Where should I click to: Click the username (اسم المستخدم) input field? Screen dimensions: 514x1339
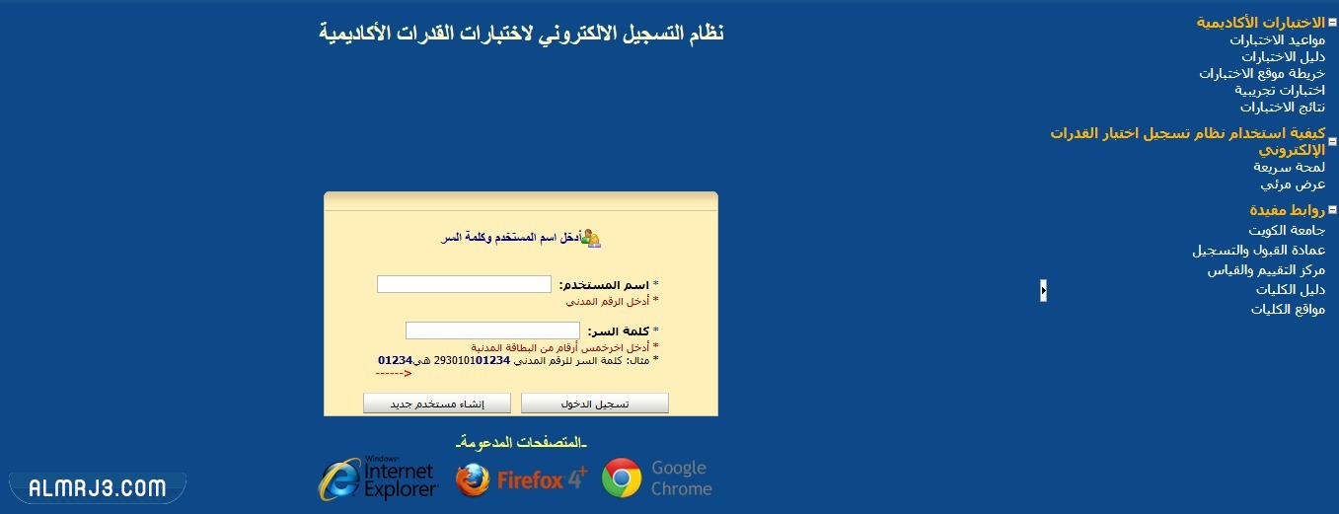pos(464,284)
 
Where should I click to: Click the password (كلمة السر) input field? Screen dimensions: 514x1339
pos(492,330)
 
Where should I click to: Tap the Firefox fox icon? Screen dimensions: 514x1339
pos(473,479)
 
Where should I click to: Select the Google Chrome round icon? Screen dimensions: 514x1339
pos(622,478)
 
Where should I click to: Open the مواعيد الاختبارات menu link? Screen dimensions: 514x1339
pos(1277,39)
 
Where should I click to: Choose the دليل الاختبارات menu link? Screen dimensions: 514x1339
pos(1283,56)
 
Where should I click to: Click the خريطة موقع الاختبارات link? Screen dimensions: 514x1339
pos(1262,73)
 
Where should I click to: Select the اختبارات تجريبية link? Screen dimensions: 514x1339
pos(1280,90)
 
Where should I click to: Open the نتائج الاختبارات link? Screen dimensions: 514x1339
pos(1283,107)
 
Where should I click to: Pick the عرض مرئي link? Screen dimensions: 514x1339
pos(1293,184)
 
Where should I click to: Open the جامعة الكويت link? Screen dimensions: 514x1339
pos(1287,230)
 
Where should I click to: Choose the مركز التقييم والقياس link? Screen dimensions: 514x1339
pos(1266,269)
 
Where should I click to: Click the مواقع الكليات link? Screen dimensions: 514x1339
pos(1288,309)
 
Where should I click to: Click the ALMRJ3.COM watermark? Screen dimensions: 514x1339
pos(97,487)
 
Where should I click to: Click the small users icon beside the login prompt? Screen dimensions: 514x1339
pos(591,238)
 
